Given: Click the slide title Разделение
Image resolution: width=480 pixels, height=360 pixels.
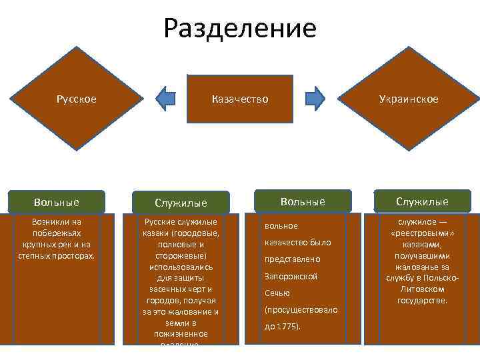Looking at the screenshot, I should tap(240, 29).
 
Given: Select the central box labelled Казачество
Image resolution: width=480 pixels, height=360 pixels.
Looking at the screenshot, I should tap(240, 99).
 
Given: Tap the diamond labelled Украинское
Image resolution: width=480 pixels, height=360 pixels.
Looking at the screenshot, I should tap(409, 99).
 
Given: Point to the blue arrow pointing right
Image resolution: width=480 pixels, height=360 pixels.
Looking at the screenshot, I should tap(315, 98).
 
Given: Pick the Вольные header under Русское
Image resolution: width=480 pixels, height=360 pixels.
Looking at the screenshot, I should tap(57, 201).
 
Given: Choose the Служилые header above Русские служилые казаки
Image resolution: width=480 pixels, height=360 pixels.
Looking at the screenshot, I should tap(181, 202).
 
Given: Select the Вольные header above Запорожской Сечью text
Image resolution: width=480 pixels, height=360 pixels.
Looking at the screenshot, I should tap(303, 201).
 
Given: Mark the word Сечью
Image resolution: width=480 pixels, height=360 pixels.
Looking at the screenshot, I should tap(277, 293).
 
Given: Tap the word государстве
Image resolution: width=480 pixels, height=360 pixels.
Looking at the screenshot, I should tap(423, 301).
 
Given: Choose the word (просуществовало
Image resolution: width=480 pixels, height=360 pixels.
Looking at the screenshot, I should tap(301, 310).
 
